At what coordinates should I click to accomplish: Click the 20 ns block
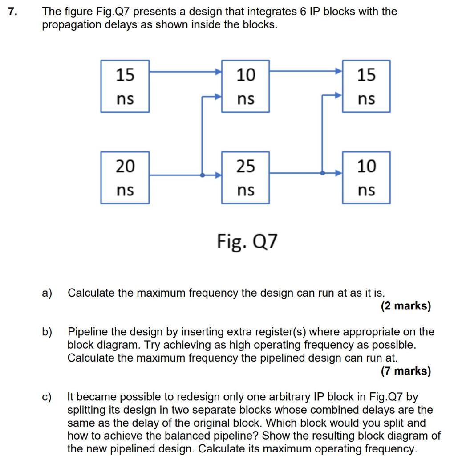point(125,177)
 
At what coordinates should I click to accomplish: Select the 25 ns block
point(245,177)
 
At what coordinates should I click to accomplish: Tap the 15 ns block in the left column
point(125,86)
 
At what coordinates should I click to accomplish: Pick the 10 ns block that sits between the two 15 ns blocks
point(245,86)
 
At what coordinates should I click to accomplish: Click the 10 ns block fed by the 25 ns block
point(366,177)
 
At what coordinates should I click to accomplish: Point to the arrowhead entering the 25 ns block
point(218,175)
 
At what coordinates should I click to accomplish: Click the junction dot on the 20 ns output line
point(203,175)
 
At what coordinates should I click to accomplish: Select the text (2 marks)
point(405,306)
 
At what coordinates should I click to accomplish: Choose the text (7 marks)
point(405,371)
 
